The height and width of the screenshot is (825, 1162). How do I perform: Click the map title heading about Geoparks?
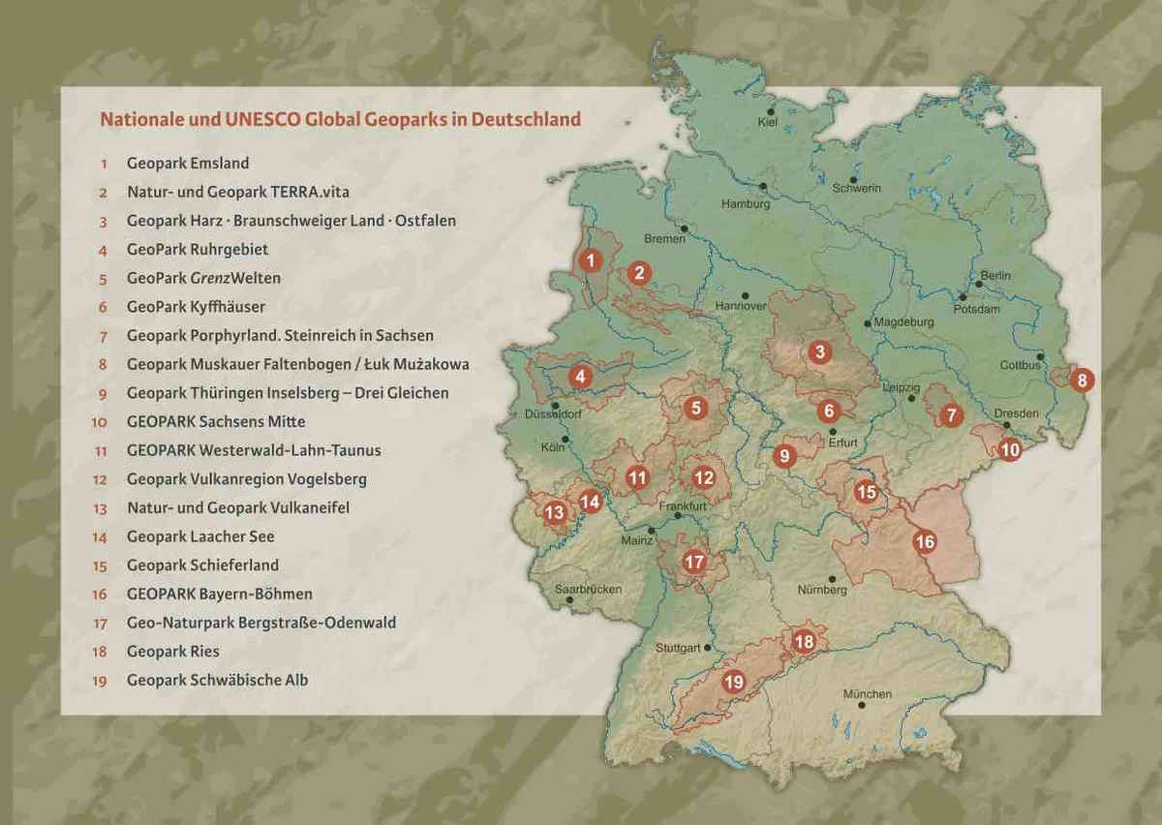pos(340,120)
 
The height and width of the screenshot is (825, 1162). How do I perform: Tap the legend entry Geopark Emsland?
pos(188,164)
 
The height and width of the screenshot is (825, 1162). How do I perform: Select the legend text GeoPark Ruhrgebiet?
pos(197,250)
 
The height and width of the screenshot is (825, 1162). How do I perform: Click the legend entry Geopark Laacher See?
pos(200,536)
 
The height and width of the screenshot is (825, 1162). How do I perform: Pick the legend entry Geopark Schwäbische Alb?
pos(217,680)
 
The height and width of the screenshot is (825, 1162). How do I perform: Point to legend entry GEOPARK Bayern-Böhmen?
pos(219,594)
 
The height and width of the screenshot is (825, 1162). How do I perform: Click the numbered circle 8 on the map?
pos(1082,380)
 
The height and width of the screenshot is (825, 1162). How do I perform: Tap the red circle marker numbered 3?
pos(820,351)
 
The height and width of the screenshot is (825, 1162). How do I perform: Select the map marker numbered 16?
pos(925,542)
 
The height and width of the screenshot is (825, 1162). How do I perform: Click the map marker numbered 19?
pos(733,683)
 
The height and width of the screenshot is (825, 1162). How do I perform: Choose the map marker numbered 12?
pos(703,476)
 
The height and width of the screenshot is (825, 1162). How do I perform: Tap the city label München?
pos(867,694)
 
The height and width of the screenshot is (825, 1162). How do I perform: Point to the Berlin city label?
pos(995,276)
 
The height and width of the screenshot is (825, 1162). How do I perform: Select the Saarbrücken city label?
pos(588,589)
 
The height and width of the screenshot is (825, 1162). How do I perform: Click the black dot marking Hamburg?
pos(763,185)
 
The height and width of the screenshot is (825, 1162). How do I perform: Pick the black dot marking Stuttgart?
pos(708,648)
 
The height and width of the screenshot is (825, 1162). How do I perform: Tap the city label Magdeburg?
pos(903,321)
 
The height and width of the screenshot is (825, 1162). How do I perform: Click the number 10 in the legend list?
pos(100,422)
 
